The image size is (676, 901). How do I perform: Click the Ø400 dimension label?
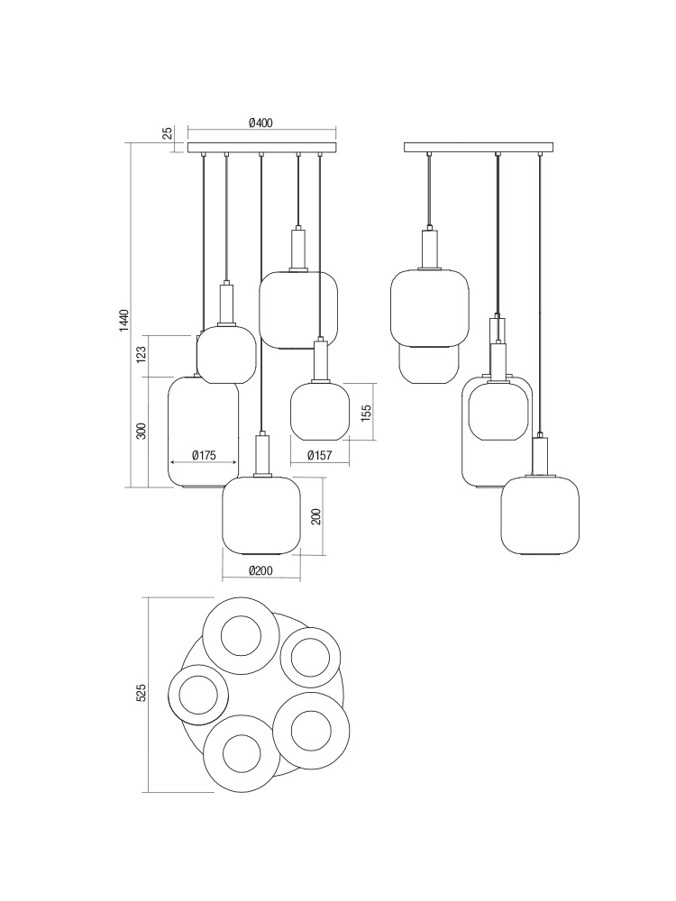point(260,123)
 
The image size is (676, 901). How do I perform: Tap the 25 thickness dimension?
point(167,133)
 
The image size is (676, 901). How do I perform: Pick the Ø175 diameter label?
point(204,455)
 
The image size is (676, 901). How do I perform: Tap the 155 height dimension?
point(366,413)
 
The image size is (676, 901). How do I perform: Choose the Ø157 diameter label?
point(320,455)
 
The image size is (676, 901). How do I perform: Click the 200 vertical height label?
point(315,516)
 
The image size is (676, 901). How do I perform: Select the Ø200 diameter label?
point(261,570)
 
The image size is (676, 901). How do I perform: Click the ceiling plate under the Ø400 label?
point(262,148)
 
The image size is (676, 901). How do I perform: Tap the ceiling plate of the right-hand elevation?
point(479,148)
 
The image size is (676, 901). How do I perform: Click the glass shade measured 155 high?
point(320,411)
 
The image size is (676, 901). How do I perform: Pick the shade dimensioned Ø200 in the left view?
point(261,515)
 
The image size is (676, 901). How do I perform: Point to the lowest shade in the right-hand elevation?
point(540,515)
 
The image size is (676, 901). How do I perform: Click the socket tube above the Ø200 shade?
point(261,454)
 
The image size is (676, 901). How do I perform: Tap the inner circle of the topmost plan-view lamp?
point(241,635)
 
